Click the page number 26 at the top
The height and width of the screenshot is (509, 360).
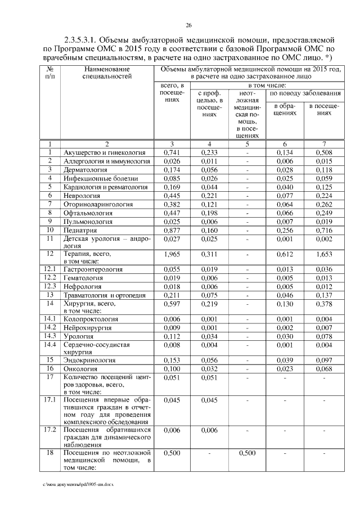pyautogui.click(x=189, y=25)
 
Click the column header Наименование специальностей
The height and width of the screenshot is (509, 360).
pyautogui.click(x=106, y=72)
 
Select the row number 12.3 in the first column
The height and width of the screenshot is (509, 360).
pyautogui.click(x=50, y=286)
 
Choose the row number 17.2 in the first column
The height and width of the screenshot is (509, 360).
pyautogui.click(x=50, y=430)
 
